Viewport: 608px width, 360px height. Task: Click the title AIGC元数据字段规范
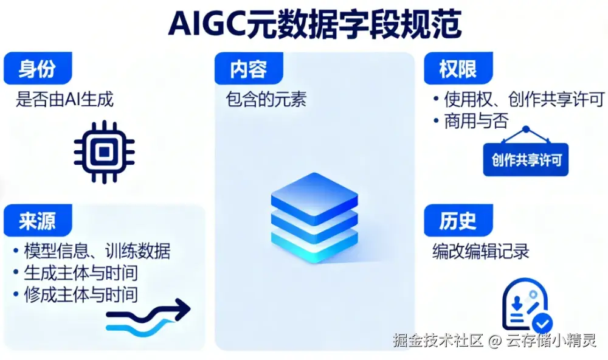[314, 24]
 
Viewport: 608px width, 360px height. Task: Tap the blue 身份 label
[38, 68]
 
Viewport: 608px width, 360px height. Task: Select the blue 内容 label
[249, 68]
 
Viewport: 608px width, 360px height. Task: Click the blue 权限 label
[458, 68]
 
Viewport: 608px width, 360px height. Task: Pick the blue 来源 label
[38, 220]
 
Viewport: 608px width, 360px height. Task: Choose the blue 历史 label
[458, 220]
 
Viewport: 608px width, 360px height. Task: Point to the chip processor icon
[104, 151]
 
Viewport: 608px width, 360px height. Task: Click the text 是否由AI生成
[64, 99]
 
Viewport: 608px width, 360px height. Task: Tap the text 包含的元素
[266, 99]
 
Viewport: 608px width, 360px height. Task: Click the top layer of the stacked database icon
[314, 196]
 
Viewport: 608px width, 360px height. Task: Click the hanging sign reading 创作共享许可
[526, 159]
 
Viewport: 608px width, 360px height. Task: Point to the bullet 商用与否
[471, 121]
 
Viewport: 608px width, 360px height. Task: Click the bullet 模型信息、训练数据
[92, 251]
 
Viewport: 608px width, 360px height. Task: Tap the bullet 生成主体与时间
[75, 272]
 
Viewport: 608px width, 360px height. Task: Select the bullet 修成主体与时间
[75, 294]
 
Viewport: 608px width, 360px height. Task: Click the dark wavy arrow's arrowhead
[182, 309]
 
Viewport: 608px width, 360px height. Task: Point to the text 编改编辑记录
[481, 251]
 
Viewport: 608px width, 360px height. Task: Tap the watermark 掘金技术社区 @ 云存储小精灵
[494, 341]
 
